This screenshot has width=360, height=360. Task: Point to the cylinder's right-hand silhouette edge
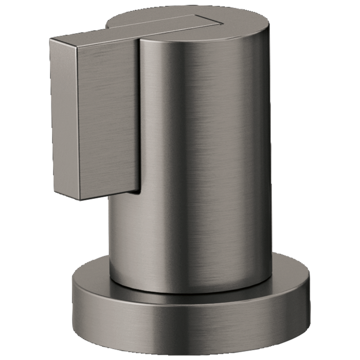coord(271,154)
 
